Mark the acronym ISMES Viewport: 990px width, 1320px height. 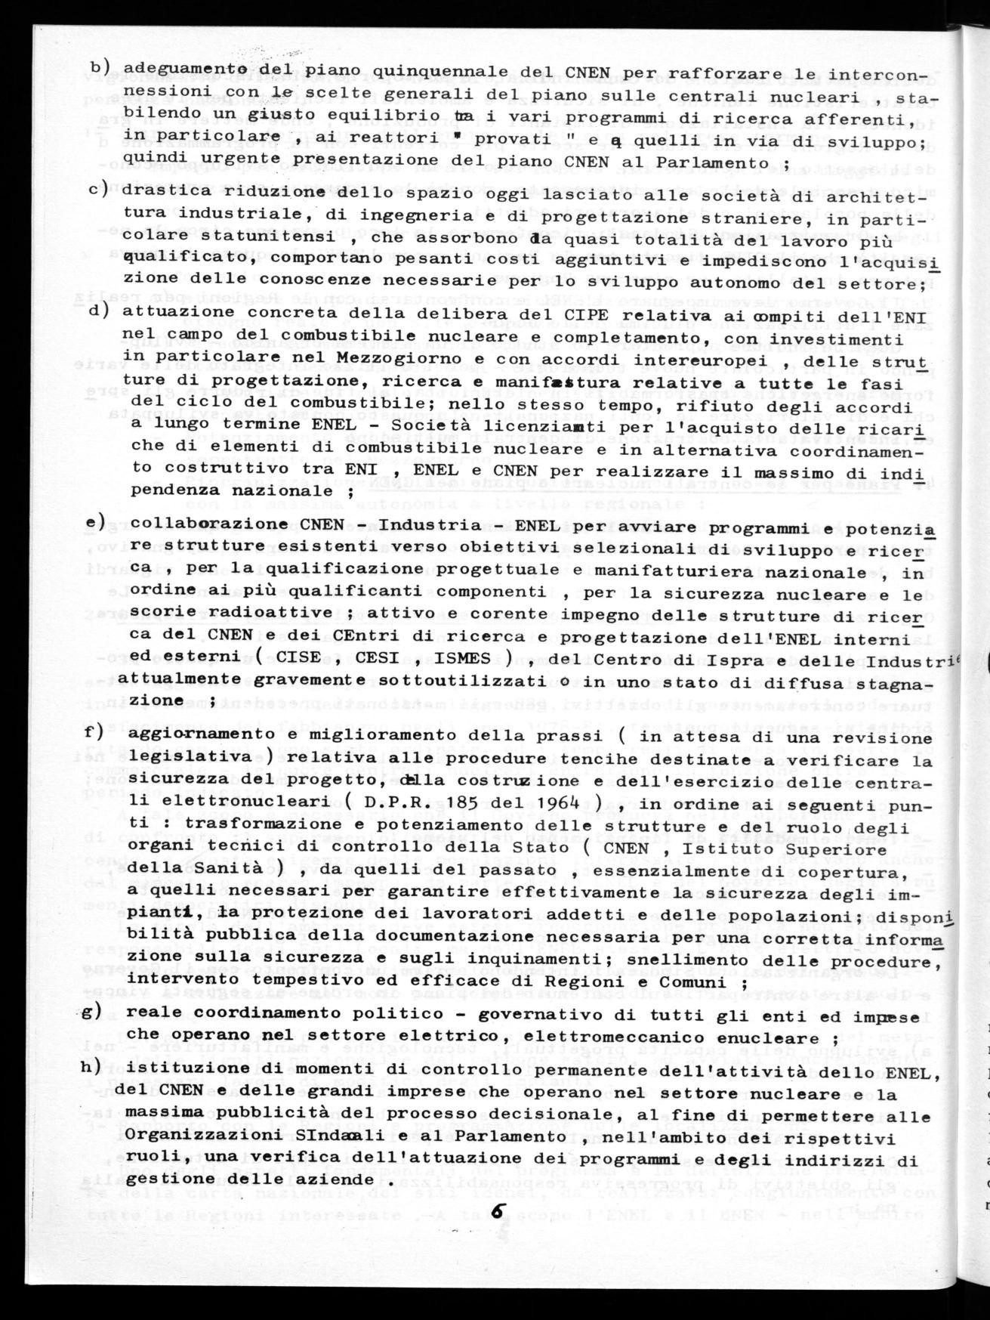click(x=474, y=657)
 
